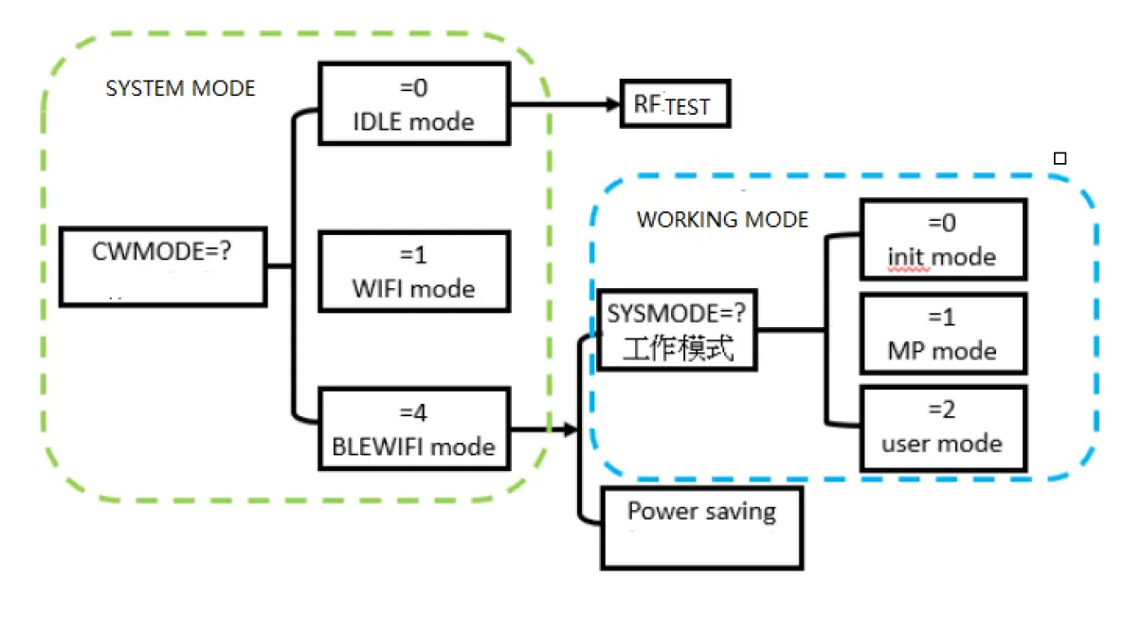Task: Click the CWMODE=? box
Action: [x=162, y=266]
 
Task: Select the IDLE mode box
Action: [x=413, y=104]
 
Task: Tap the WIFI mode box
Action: [x=413, y=270]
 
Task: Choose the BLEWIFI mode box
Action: [x=413, y=429]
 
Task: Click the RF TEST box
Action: [x=675, y=104]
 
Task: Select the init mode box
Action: [x=942, y=239]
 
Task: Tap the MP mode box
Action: [x=942, y=334]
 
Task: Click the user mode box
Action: [x=942, y=428]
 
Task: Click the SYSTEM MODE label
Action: [x=180, y=89]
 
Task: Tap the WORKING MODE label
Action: [x=722, y=220]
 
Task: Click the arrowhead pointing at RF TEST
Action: [x=611, y=104]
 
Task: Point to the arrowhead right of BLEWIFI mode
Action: [x=571, y=429]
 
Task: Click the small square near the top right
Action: [x=1060, y=159]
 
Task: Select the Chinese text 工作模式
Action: [x=678, y=349]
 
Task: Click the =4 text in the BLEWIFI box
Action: [x=413, y=413]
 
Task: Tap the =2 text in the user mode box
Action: [x=942, y=410]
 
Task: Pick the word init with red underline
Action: [x=907, y=257]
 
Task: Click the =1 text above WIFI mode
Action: [x=413, y=254]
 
